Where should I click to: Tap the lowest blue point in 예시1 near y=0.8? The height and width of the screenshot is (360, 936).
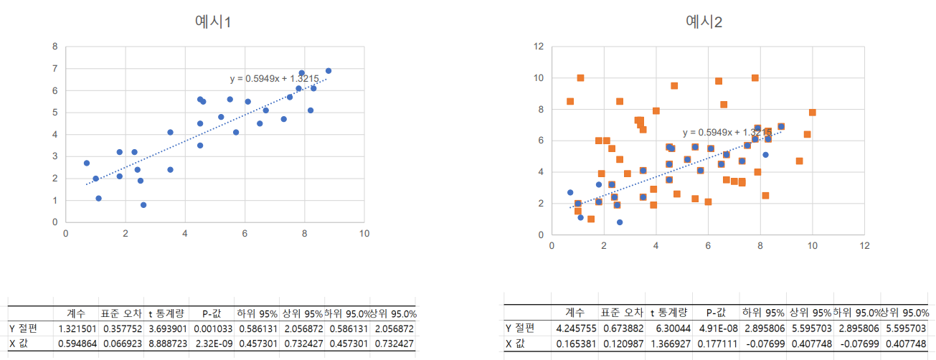(x=143, y=205)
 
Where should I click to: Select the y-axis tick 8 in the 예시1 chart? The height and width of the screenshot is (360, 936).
(x=55, y=47)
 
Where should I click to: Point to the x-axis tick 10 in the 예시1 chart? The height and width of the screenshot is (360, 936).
(x=364, y=233)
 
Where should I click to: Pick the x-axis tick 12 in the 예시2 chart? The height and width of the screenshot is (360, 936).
(x=864, y=245)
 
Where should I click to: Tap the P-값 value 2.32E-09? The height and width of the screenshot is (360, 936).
(x=211, y=344)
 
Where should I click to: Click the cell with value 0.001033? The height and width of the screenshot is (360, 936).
(x=211, y=328)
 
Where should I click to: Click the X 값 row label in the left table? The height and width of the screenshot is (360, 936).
(x=21, y=344)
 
